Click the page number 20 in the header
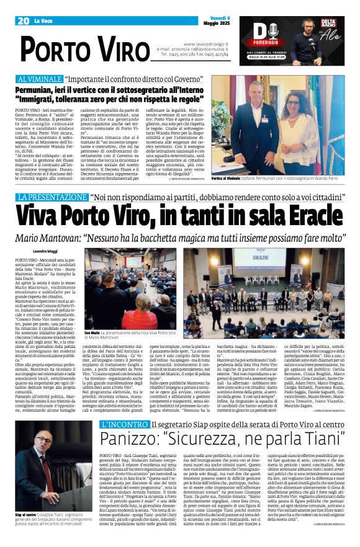coord(24,21)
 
